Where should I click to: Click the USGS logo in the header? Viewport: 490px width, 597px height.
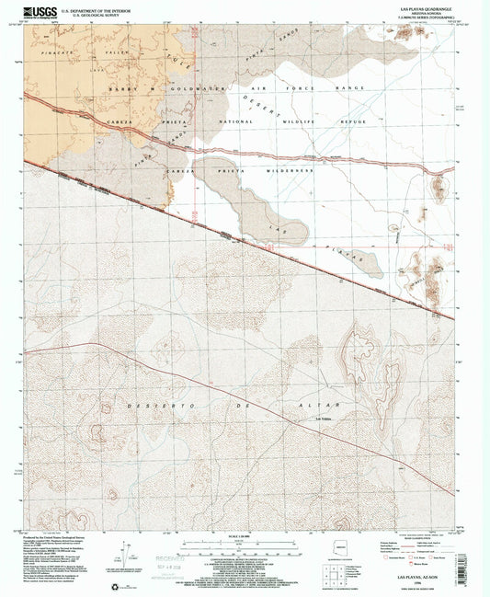(42, 10)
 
